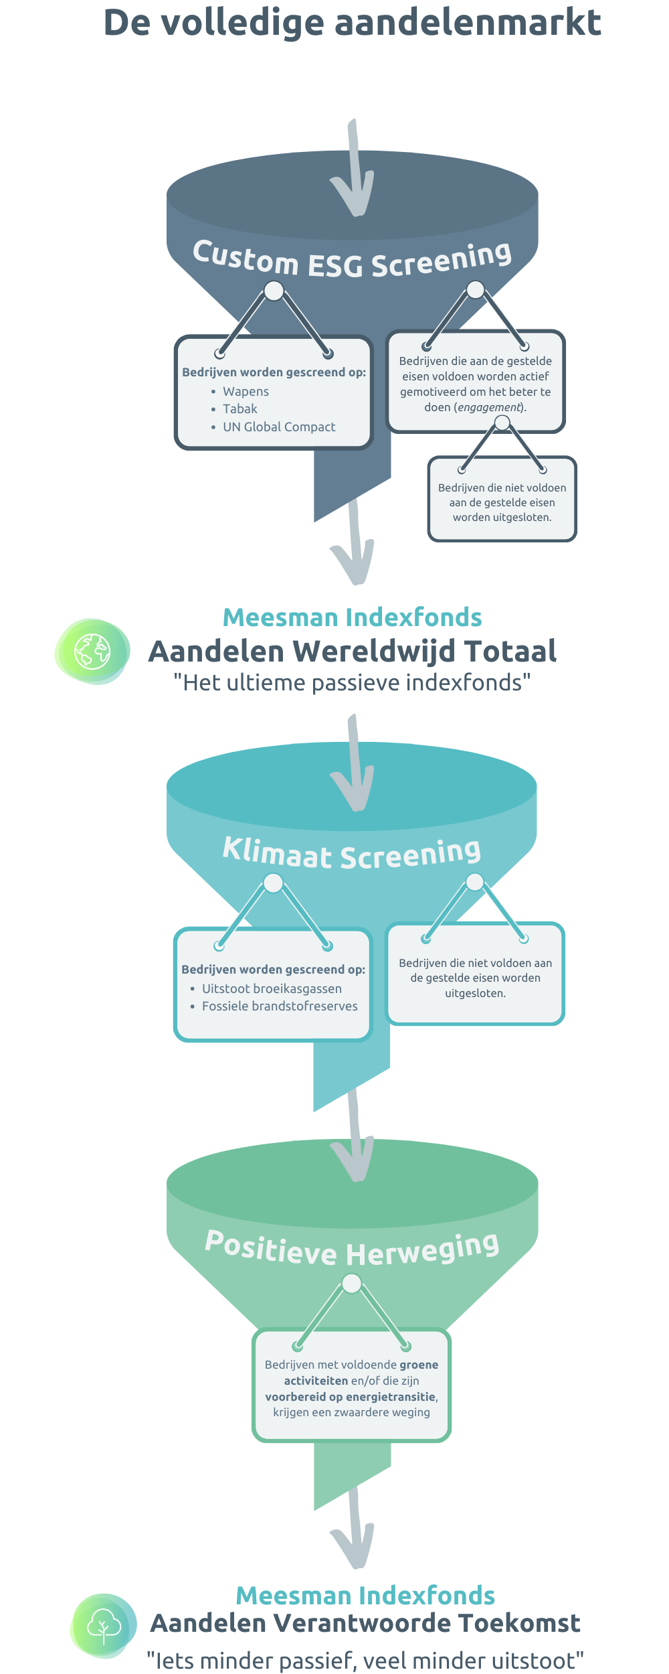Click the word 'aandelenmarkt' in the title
(x=468, y=22)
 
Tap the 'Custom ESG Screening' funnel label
(x=352, y=259)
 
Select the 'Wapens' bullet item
(x=246, y=392)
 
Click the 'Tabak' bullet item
(x=240, y=409)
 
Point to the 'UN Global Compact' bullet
(x=279, y=427)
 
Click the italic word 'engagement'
(x=489, y=407)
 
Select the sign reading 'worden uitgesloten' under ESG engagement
(x=502, y=500)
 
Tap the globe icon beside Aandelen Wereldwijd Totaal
(x=92, y=652)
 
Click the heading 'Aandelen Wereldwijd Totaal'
(x=353, y=652)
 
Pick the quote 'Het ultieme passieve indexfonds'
(x=352, y=683)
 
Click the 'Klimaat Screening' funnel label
(x=352, y=853)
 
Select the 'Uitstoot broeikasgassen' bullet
(x=272, y=989)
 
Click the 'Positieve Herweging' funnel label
(x=352, y=1249)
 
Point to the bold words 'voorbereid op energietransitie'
(x=351, y=1397)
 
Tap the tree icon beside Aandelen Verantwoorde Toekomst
(x=104, y=1626)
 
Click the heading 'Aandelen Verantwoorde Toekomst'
(x=365, y=1624)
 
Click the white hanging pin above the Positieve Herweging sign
(x=352, y=1284)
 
